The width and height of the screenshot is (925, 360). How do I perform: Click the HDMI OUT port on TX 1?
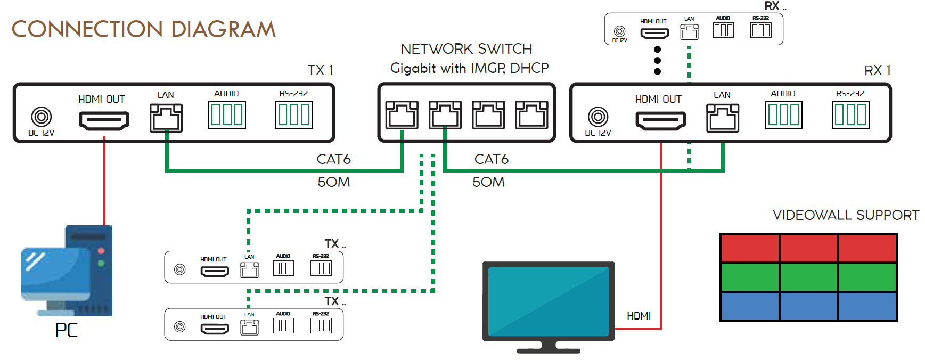point(104,121)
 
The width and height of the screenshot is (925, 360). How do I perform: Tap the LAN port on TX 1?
point(166,118)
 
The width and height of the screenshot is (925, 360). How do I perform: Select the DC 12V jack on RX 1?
point(597,116)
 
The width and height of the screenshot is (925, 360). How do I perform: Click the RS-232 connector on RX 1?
point(850,115)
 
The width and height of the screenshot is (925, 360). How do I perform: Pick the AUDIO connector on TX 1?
point(227,115)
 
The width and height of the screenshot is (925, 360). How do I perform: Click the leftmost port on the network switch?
point(402,115)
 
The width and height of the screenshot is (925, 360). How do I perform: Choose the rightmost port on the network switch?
point(531,115)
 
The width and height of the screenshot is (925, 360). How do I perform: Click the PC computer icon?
point(67,271)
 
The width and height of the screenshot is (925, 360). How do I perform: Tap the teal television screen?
point(549,301)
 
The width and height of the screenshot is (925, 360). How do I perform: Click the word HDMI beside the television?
point(639,316)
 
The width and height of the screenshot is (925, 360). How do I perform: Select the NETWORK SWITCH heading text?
point(466,49)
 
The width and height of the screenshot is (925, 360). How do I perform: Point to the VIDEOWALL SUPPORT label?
point(846,215)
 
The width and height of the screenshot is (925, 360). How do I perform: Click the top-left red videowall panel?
point(750,248)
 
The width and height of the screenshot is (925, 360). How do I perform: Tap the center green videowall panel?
point(808,277)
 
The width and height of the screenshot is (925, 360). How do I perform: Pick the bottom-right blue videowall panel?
point(867,306)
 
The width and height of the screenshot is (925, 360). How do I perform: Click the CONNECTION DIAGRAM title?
point(144,29)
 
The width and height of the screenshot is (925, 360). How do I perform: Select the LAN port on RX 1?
point(723,118)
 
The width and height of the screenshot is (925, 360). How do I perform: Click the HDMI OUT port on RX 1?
point(660,121)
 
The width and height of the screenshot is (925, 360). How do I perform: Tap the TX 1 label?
point(320,70)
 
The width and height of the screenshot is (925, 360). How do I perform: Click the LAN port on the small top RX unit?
point(689,32)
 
